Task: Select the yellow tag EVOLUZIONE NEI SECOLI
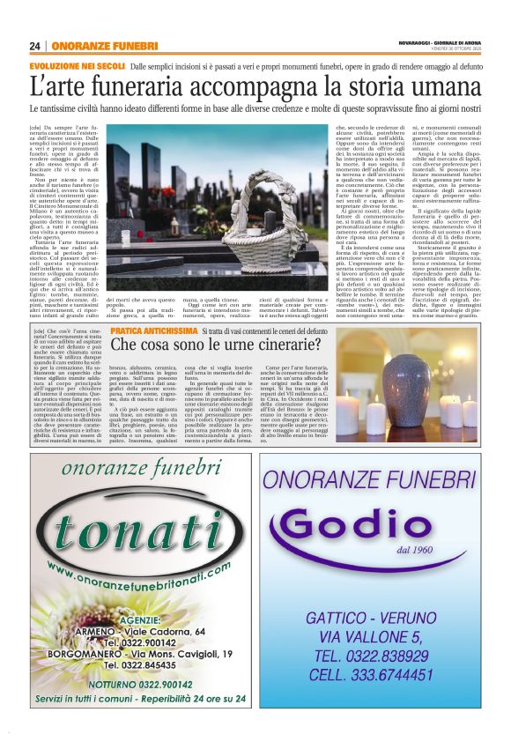coord(76,66)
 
